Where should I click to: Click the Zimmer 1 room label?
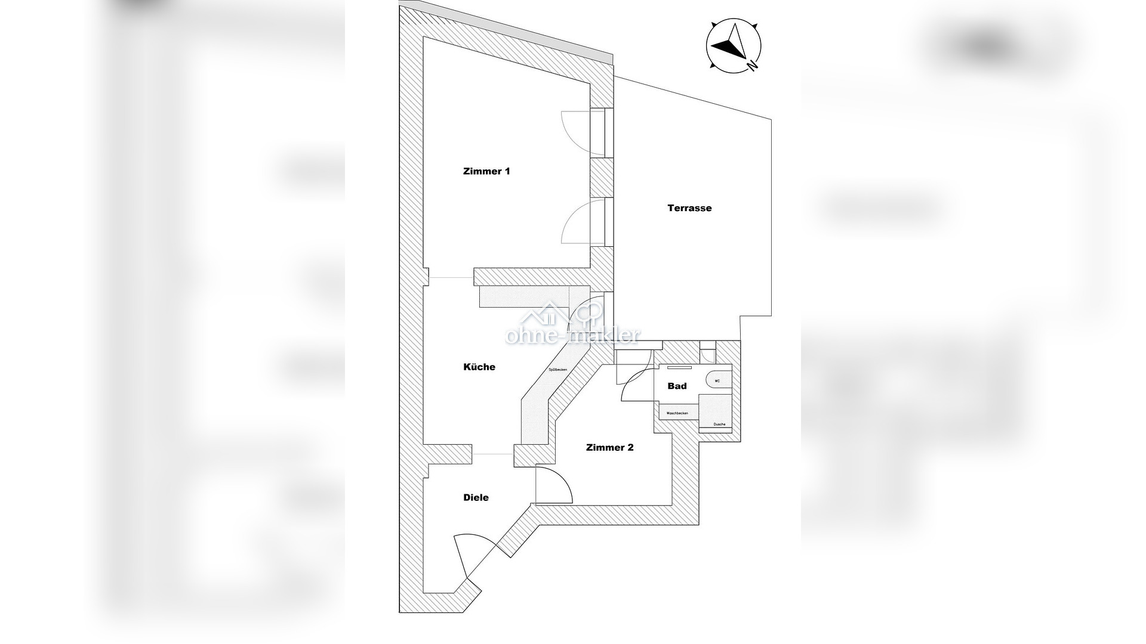(x=486, y=172)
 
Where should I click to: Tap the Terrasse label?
(x=689, y=208)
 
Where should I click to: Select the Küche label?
(x=479, y=367)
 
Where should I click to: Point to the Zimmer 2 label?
(x=609, y=447)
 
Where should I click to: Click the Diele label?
(x=476, y=497)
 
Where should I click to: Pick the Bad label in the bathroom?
(x=677, y=386)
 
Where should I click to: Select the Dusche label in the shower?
(x=719, y=424)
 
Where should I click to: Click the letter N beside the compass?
(x=754, y=66)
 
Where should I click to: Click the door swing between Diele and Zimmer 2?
(x=555, y=485)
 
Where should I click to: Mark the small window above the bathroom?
(x=707, y=352)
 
